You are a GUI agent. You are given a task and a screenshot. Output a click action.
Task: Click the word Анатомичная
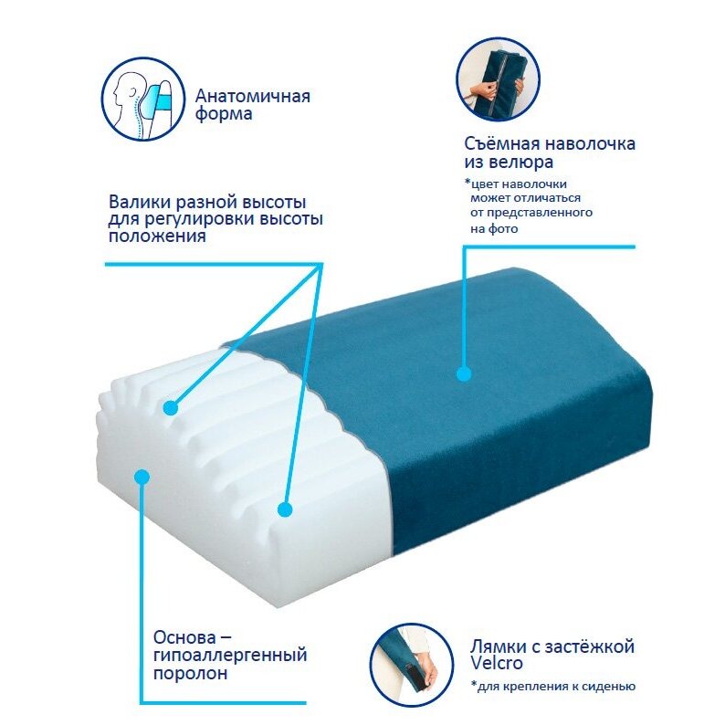(252, 96)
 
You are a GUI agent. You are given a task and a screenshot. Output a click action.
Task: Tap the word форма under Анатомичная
(224, 114)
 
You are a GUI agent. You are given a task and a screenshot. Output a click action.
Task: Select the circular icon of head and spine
(143, 99)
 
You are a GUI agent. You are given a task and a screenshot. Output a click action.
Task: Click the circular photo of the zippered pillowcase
(498, 80)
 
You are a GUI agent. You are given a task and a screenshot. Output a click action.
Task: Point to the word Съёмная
(502, 143)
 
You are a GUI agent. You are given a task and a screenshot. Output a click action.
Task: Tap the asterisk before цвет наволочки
(468, 182)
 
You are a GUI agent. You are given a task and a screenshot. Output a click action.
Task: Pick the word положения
(157, 236)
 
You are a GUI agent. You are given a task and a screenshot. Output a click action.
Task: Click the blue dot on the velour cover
(464, 373)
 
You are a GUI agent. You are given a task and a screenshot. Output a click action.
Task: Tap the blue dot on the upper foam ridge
(171, 408)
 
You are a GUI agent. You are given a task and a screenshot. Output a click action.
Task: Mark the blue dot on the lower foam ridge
(285, 510)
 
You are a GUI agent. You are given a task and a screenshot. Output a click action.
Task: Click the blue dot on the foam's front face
(142, 477)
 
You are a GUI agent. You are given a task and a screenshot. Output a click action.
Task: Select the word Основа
(184, 637)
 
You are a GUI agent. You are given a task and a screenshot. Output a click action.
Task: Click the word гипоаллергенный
(230, 656)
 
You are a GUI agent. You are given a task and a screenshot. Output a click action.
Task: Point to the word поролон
(190, 674)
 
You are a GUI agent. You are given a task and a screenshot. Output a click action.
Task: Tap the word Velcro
(497, 663)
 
